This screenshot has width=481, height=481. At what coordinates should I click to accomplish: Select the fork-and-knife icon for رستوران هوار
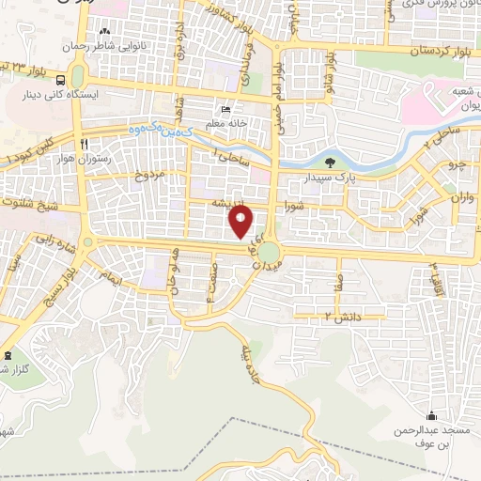pyautogui.click(x=85, y=145)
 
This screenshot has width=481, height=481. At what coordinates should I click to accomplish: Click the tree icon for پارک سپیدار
pyautogui.click(x=316, y=163)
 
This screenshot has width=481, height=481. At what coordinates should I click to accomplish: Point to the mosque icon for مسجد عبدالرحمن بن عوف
pyautogui.click(x=431, y=415)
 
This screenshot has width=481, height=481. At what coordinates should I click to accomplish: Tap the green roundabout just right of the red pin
pyautogui.click(x=270, y=253)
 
